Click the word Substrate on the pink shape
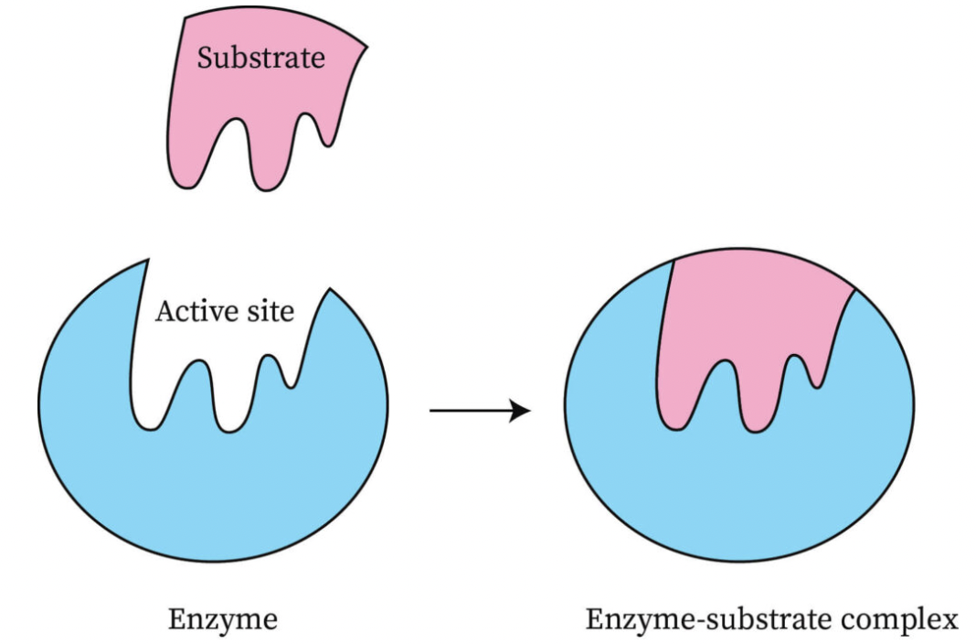coord(261,58)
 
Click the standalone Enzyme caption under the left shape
coord(223,620)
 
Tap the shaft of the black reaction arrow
coord(471,411)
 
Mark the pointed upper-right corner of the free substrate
coord(366,45)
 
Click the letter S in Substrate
coord(206,58)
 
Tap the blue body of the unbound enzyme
coord(210,494)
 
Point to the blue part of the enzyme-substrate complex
coord(740,503)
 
